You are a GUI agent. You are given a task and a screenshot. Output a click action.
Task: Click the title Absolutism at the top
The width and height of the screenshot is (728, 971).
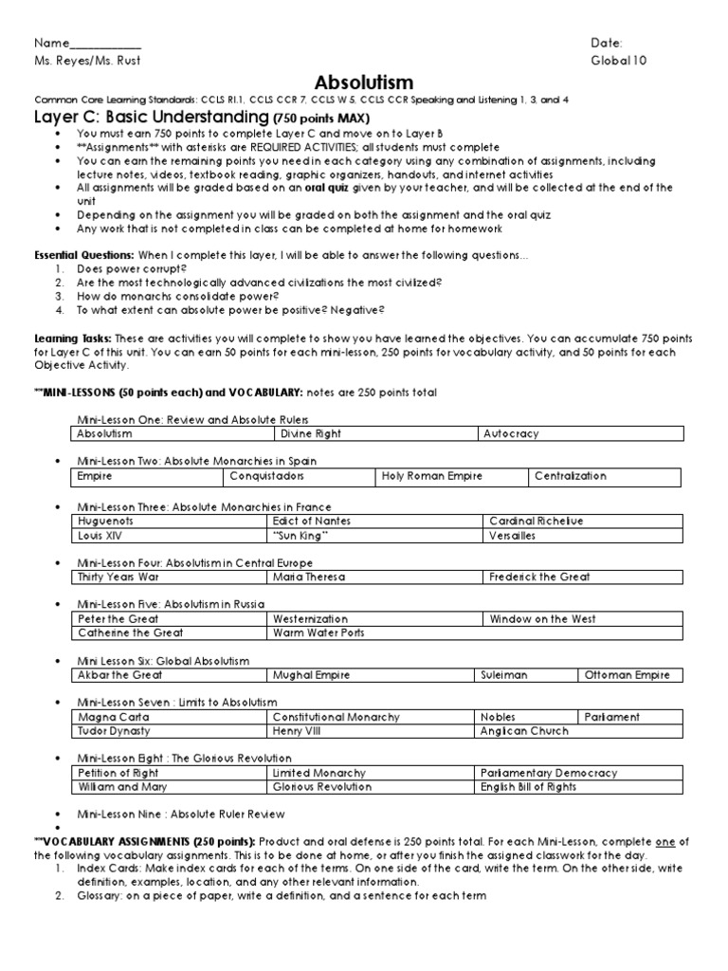pos(365,82)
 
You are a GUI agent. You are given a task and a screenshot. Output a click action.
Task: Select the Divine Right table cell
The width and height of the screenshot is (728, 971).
pos(311,433)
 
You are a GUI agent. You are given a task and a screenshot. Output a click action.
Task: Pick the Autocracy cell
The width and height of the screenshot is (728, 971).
pos(511,433)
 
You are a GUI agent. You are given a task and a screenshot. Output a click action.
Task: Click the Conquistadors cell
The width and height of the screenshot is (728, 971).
pos(266,476)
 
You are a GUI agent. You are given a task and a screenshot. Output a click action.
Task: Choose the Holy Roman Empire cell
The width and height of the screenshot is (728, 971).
pos(420,476)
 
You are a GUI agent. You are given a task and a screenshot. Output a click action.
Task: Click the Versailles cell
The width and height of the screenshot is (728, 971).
pos(513,535)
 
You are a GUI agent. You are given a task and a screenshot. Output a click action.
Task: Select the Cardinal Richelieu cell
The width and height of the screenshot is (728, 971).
pos(537,521)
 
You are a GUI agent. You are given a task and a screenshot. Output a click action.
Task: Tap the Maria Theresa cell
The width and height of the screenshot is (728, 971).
pos(308,577)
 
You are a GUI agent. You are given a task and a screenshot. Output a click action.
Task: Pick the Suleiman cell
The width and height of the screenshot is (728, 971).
pos(503,675)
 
